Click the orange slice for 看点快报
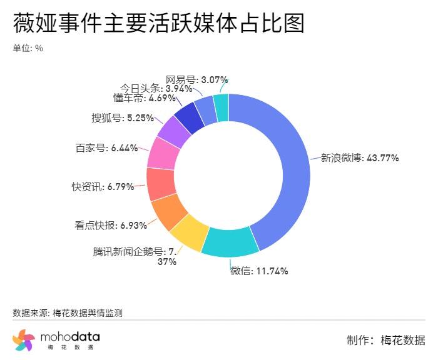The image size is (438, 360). click(166, 211)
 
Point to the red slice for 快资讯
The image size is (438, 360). click(159, 184)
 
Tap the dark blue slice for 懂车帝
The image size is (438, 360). click(190, 116)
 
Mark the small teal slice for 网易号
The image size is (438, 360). click(221, 107)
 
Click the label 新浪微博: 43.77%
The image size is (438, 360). click(360, 158)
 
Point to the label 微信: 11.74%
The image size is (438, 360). click(259, 271)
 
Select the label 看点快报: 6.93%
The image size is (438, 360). click(106, 224)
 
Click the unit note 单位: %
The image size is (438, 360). click(28, 48)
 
